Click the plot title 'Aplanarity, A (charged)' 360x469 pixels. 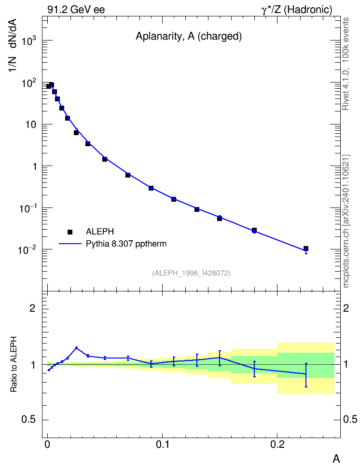(189, 36)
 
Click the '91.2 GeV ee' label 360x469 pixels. (76, 10)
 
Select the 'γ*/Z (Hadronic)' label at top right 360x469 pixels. (297, 10)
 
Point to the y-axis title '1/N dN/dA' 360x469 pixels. (13, 45)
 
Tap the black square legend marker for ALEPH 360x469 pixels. (70, 232)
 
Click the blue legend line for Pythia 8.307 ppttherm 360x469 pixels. (70, 244)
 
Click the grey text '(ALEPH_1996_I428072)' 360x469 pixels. (191, 273)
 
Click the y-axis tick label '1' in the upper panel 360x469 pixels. (35, 166)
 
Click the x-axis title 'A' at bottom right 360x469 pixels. (336, 459)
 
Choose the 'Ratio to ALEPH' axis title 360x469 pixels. (14, 364)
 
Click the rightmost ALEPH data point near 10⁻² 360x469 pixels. (306, 248)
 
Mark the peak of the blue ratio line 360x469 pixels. (76, 347)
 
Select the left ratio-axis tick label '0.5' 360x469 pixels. (28, 420)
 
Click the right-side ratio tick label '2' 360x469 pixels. (346, 308)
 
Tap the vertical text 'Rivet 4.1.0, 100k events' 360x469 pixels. (346, 64)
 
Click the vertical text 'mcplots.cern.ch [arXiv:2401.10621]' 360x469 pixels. (346, 221)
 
